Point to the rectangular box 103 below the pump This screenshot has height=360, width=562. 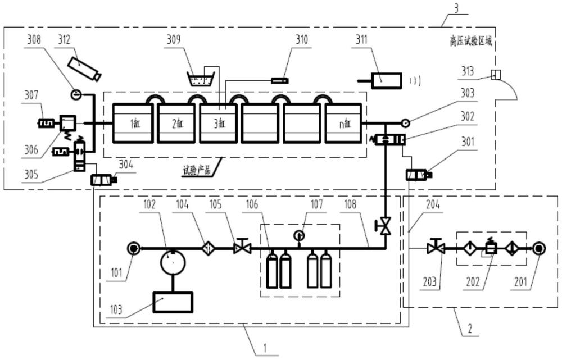pyautogui.click(x=173, y=303)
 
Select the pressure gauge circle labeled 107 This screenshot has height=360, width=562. pyautogui.click(x=299, y=235)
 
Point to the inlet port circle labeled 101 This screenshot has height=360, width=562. pyautogui.click(x=133, y=247)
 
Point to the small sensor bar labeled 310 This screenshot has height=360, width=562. pyautogui.click(x=279, y=81)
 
